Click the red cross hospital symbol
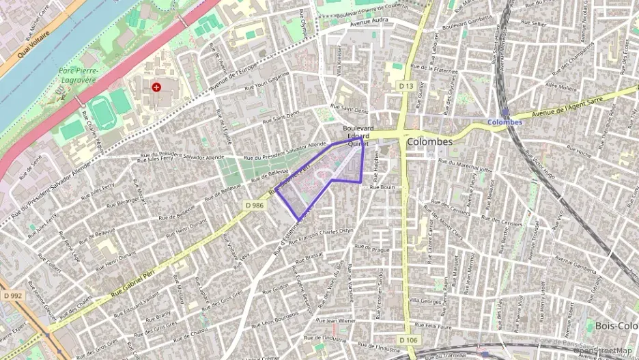[156, 87]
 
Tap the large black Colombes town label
[429, 141]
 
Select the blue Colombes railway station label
[505, 122]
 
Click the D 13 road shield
[406, 85]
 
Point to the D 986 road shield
[254, 204]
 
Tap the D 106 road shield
[408, 340]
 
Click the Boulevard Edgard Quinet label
[358, 136]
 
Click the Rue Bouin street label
[383, 186]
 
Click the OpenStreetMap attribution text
[604, 351]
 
